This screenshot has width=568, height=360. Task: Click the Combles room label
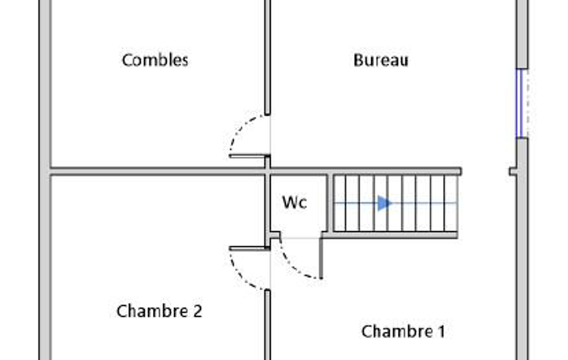coord(155,60)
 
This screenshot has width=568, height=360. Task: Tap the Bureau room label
coord(381,60)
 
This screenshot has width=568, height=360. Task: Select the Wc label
coord(294,203)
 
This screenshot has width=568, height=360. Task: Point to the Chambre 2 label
coord(159,311)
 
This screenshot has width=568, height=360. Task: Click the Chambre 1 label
coord(403,332)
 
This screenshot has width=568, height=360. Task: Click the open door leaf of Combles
coord(248,156)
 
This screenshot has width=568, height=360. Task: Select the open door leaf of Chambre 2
coord(248,248)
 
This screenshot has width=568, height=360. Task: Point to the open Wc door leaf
coord(321,258)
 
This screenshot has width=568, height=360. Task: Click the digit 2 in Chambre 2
coord(197,311)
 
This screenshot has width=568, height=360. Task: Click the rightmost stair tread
coord(451,203)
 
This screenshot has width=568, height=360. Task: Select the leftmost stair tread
coord(340,203)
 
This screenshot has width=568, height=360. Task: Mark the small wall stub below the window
coord(513,172)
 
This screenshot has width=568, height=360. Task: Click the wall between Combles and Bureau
coord(267,55)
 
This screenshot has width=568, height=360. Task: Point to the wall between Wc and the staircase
coord(329,203)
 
